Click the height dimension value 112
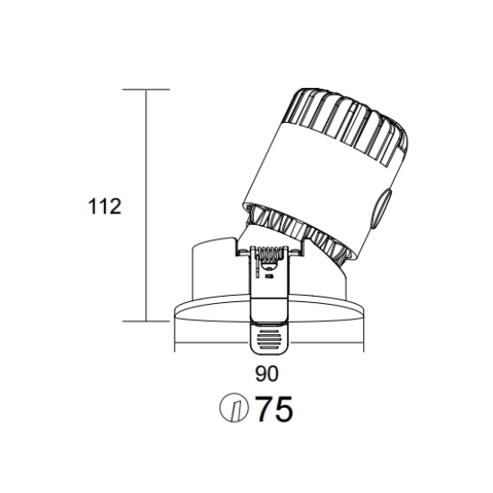coord(104,206)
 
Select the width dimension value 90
coord(266,374)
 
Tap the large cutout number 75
coord(274,409)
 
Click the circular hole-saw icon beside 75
coord(234,408)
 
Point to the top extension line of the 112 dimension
coord(146,90)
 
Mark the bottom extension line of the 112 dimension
coord(146,321)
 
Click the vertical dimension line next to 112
coord(146,205)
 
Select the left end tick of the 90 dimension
coord(175,342)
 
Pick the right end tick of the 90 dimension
coord(364,342)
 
